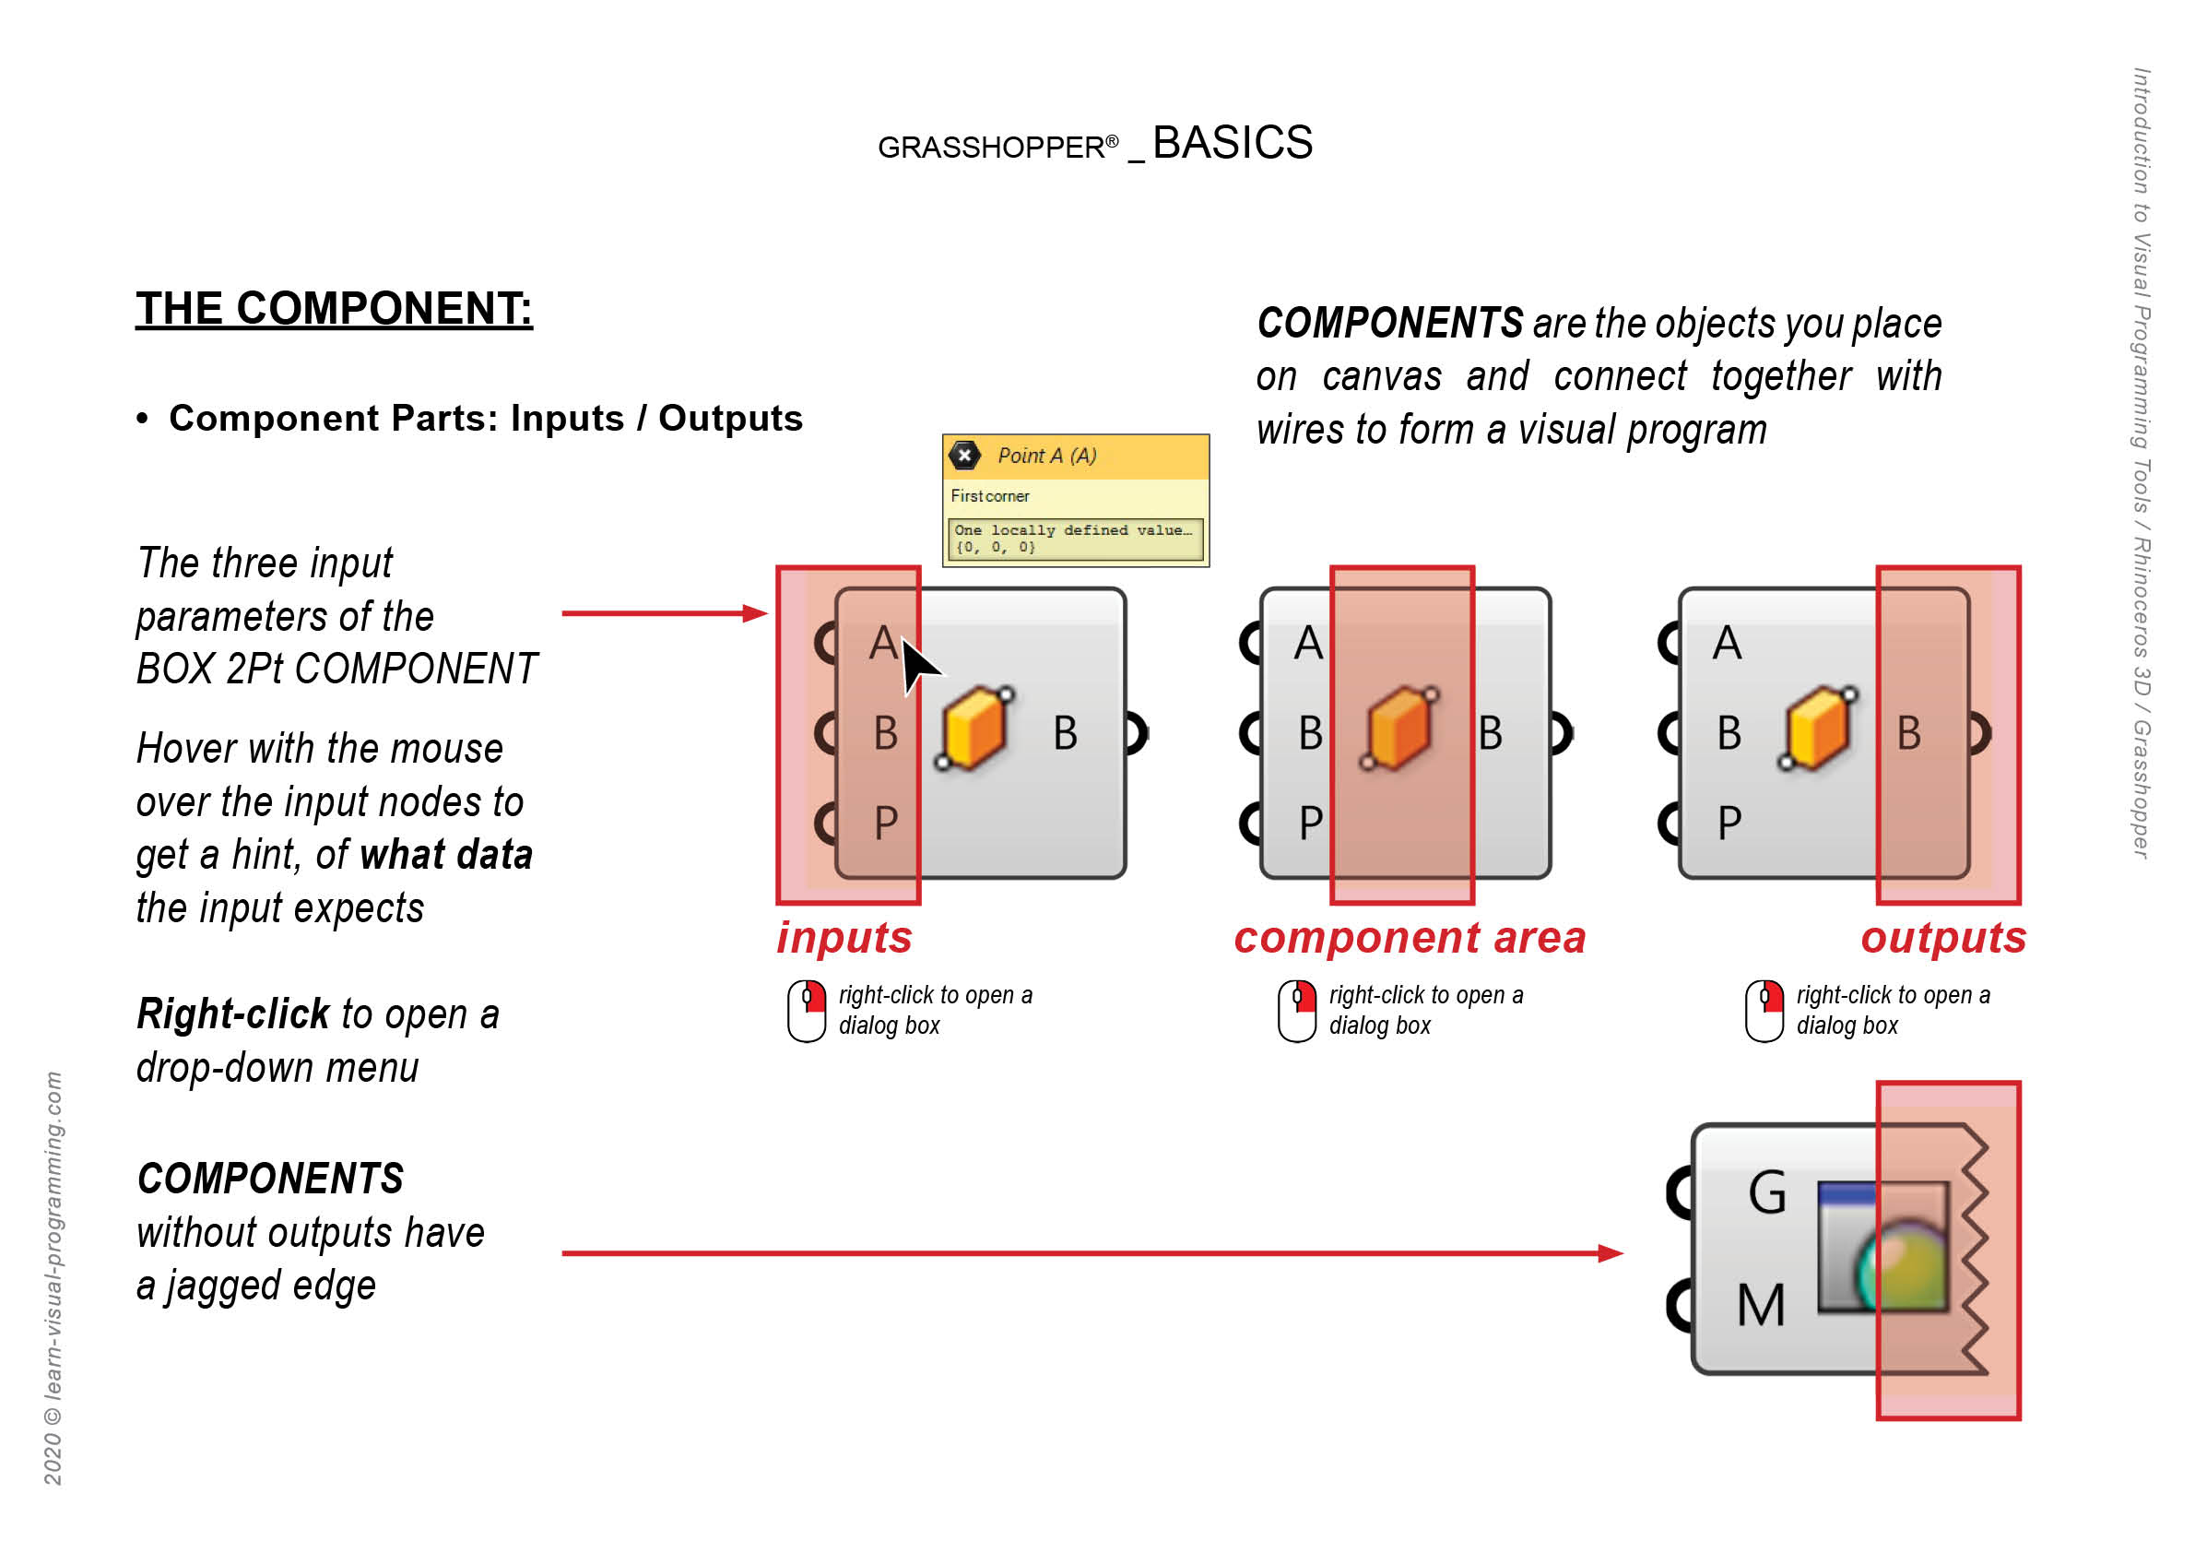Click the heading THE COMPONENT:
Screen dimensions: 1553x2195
click(x=334, y=309)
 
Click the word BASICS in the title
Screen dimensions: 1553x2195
click(x=1233, y=144)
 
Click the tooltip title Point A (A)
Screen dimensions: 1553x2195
click(x=1047, y=456)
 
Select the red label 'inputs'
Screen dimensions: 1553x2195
click(x=844, y=938)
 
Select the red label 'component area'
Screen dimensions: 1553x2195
click(x=1410, y=938)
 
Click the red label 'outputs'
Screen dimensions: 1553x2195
click(x=1942, y=938)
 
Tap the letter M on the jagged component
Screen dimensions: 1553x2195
click(x=1760, y=1305)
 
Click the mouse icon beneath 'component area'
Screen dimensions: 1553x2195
click(x=1297, y=1011)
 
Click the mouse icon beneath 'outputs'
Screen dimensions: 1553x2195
click(x=1764, y=1011)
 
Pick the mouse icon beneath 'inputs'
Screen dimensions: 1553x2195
click(x=807, y=1011)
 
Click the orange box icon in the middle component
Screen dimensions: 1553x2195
click(x=1398, y=729)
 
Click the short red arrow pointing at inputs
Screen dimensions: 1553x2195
click(x=665, y=614)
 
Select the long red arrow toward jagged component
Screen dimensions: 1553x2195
click(x=1090, y=1252)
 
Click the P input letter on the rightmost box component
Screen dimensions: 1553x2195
click(x=1729, y=823)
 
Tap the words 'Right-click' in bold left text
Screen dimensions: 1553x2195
click(x=233, y=1014)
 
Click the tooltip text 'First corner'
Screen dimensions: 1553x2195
click(x=989, y=496)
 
